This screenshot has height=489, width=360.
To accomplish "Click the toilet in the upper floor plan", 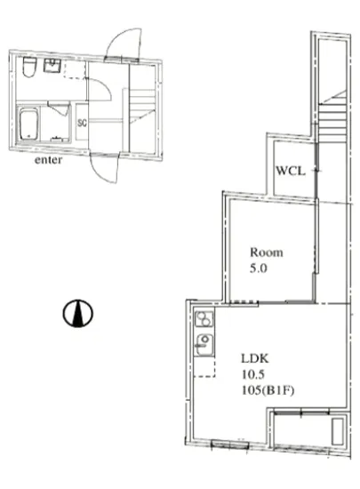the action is (29, 67).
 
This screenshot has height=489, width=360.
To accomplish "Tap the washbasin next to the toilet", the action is (52, 66).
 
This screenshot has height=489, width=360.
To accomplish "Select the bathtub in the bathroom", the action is (29, 124).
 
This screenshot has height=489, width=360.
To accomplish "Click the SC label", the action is (82, 123).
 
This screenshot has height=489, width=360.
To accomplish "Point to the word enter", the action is (48, 160).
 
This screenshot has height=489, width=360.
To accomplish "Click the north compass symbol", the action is (78, 313).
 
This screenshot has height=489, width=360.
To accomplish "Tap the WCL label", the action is (291, 171).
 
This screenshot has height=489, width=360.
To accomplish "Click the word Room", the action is (267, 252).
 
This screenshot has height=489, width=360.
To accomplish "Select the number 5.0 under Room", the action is (259, 269).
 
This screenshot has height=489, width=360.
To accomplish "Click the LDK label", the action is (255, 358).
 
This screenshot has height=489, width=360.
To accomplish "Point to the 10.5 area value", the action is (253, 374).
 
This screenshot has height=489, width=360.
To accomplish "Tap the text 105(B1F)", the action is (268, 390).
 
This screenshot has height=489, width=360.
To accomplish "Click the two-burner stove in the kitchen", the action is (204, 318).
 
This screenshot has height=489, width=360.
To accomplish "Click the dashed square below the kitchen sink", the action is (204, 366).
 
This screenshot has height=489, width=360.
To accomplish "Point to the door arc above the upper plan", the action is (124, 44).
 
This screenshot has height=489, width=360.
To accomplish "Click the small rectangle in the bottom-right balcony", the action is (338, 431).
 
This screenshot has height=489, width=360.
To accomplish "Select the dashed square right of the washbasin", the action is (75, 69).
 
